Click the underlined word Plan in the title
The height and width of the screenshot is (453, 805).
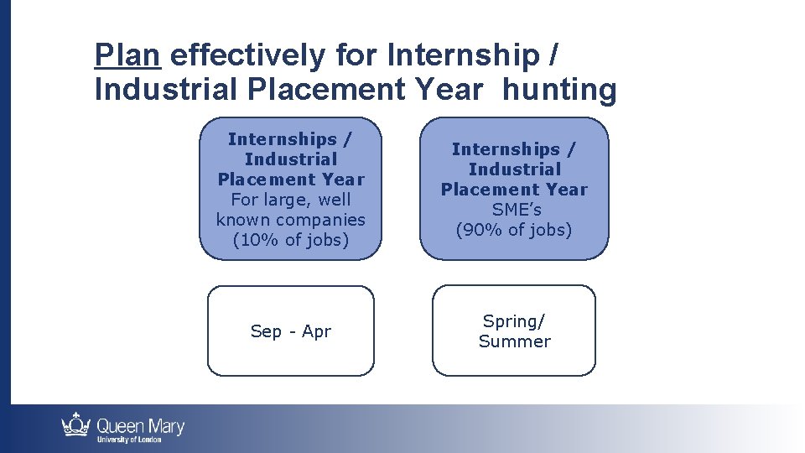pos(127,55)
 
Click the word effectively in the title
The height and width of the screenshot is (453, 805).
pos(248,55)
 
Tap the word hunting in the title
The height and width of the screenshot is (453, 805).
pos(559,89)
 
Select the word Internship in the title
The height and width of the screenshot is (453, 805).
pos(464,55)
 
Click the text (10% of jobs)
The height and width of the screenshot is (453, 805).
pos(290,240)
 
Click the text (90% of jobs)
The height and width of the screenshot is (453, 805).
pos(514,230)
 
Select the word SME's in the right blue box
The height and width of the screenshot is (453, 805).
pos(514,210)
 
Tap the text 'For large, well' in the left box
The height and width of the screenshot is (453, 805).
pos(290,200)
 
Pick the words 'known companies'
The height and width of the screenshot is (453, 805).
pos(290,220)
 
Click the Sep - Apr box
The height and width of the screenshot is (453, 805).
pos(290,331)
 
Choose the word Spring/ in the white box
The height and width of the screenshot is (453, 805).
pos(514,321)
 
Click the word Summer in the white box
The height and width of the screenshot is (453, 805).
pos(514,341)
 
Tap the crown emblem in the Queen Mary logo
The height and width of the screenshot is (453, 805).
pos(76,424)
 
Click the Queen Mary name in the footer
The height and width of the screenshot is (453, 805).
pos(140,425)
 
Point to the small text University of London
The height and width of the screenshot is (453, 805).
pos(129,440)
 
